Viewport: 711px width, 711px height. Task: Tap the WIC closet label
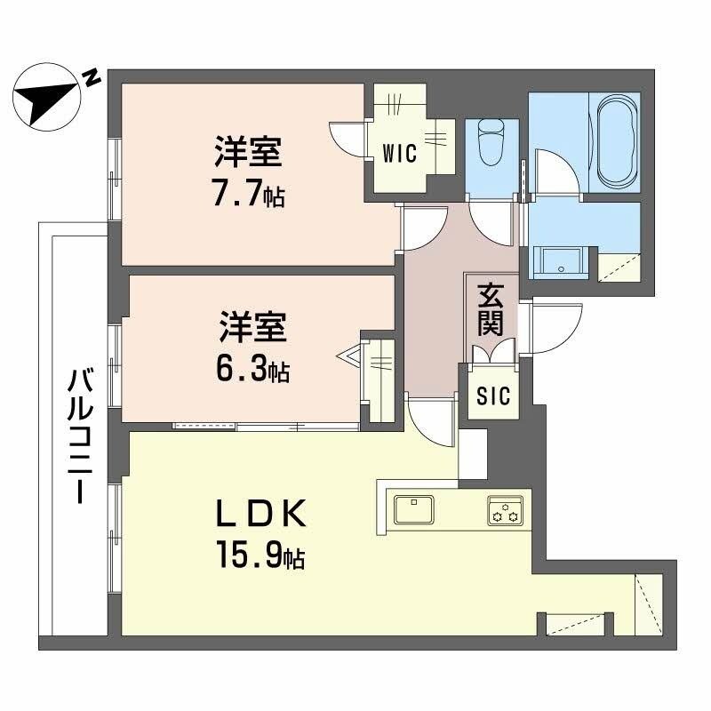400,153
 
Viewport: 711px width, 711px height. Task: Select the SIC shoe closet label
494,395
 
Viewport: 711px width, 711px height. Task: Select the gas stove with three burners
505,510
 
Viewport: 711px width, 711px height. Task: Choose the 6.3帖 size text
253,369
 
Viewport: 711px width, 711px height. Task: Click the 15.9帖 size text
258,555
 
